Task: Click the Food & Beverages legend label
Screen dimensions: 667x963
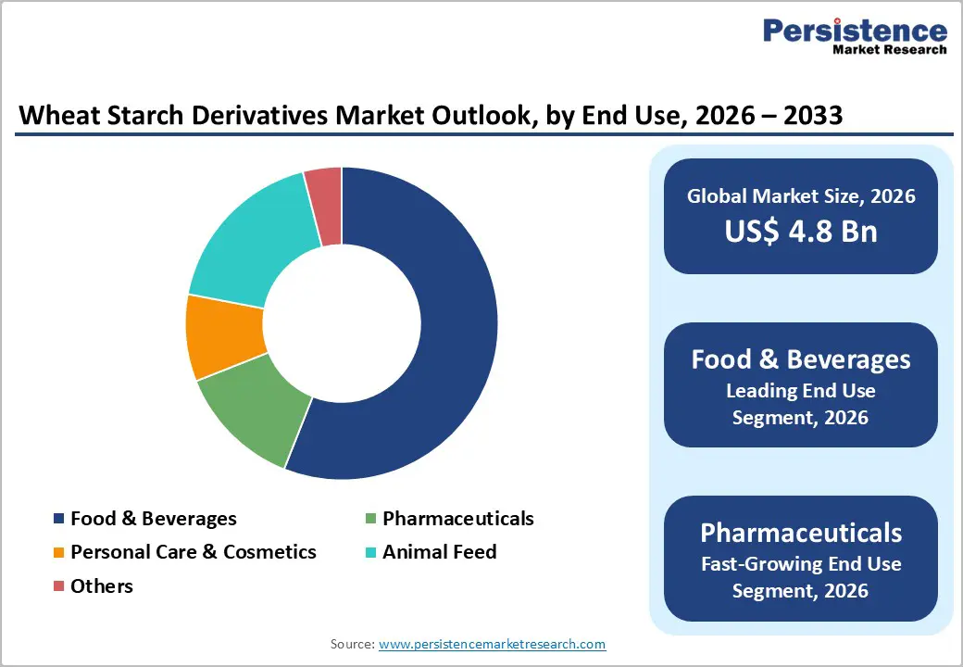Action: pos(154,519)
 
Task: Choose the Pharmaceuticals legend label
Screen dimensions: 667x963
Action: pos(458,519)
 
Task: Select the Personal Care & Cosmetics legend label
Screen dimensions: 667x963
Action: pos(194,552)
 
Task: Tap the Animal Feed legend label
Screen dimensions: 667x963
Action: pos(440,552)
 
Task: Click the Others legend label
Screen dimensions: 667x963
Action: pos(102,586)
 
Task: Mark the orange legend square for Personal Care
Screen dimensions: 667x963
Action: pos(59,553)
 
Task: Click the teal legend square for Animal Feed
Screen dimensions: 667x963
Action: pos(370,553)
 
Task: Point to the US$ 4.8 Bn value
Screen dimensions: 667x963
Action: pos(801,232)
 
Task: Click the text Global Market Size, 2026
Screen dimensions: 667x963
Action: pos(801,195)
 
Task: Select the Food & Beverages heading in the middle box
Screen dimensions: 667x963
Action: pos(801,359)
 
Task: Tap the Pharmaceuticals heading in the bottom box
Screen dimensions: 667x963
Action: pos(801,533)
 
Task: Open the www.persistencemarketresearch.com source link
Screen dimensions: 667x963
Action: pos(492,644)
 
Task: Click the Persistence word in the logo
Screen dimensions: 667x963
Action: pos(854,31)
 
